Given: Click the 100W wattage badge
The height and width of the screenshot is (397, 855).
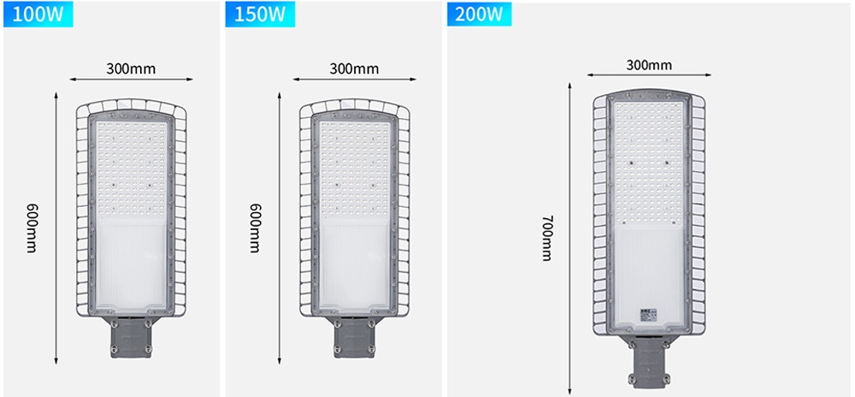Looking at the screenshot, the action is coord(38,15).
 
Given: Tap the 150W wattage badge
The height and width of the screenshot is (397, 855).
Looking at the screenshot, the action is coord(260,15).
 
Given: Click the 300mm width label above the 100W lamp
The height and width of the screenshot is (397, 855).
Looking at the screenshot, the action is coord(131,68).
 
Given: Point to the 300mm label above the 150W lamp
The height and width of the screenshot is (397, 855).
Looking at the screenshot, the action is coord(354,68).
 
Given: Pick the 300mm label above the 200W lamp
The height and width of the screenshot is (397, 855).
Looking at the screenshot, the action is coord(649,65).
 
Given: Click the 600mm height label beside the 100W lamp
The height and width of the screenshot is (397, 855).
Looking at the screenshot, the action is coord(31,228).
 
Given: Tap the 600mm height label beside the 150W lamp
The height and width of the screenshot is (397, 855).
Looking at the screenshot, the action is coord(254,228).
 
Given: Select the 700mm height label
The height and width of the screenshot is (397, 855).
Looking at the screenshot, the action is coord(547,238).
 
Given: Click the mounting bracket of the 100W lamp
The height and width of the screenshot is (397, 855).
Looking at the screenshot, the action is coord(131,338).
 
